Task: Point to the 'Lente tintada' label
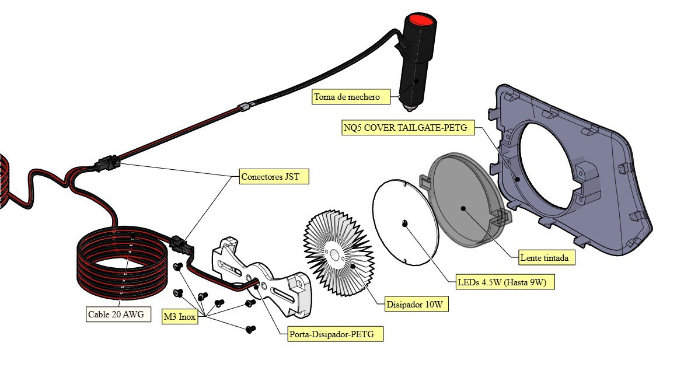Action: (547, 257)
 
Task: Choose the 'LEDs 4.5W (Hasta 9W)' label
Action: (505, 283)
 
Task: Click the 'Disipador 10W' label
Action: (417, 305)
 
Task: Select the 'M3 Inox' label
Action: (179, 316)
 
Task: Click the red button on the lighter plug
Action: (421, 22)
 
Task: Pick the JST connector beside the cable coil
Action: (182, 245)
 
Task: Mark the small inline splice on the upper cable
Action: (246, 107)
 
